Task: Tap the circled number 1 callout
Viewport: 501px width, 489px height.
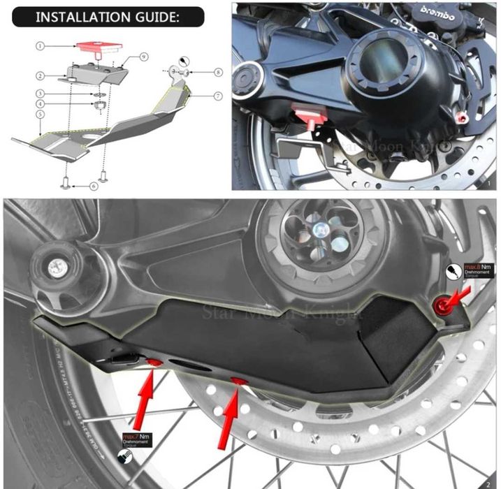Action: [x=41, y=45]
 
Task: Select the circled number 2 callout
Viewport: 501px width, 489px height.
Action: [x=41, y=75]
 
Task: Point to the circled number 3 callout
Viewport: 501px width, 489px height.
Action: [x=41, y=93]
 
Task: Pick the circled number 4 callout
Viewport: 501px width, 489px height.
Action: [x=41, y=103]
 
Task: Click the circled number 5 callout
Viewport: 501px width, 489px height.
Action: [x=41, y=114]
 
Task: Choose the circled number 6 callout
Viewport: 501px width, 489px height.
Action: [x=94, y=187]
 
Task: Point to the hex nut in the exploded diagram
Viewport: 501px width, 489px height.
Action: [x=99, y=105]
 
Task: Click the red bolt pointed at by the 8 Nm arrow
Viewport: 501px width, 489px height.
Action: [x=441, y=305]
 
